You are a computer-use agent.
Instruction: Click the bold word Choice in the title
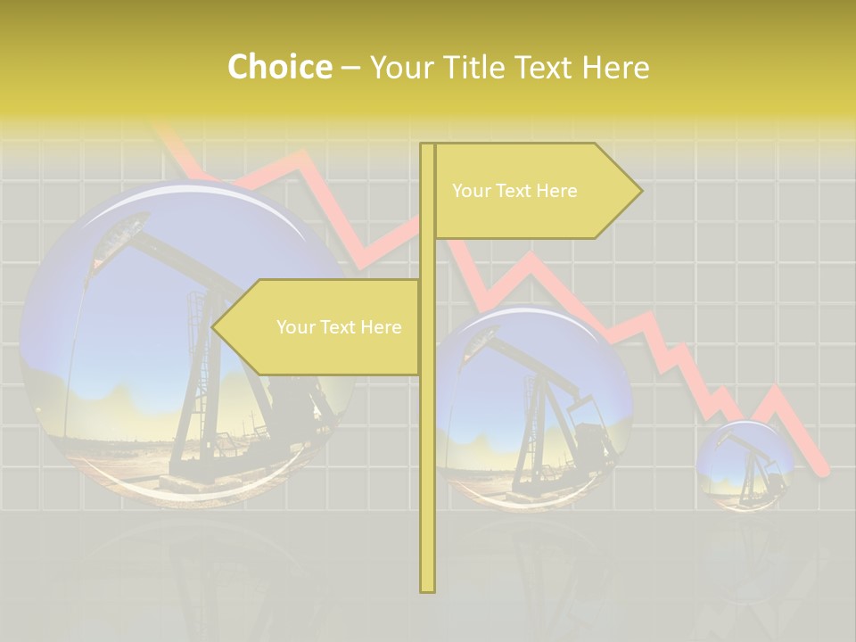click(x=279, y=67)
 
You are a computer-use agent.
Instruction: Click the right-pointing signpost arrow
click(x=535, y=191)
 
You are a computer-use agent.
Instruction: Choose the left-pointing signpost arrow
click(x=317, y=327)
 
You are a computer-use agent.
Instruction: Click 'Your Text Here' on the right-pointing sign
click(x=514, y=191)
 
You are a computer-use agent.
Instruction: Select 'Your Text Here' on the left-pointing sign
click(x=339, y=327)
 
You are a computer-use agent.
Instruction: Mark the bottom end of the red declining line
click(x=826, y=471)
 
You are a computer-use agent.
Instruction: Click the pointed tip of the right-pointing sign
click(x=640, y=191)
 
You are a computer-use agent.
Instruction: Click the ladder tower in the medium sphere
click(x=534, y=419)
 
